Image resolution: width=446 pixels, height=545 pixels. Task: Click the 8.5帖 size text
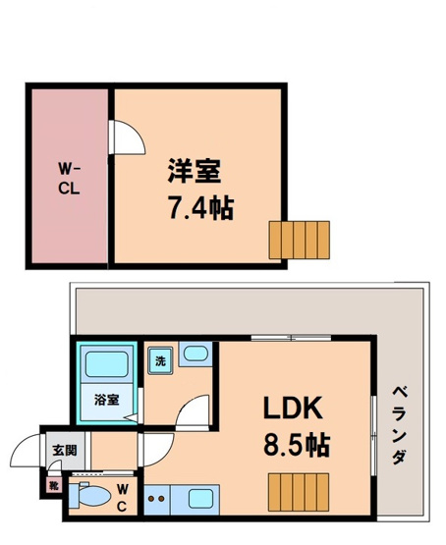click(x=296, y=444)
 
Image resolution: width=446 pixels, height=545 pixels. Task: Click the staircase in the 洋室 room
click(x=300, y=239)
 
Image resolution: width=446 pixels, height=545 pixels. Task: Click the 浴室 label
click(x=106, y=400)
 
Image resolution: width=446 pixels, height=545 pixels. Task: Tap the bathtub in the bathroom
click(x=107, y=366)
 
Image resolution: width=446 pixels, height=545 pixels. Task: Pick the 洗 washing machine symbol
click(x=161, y=359)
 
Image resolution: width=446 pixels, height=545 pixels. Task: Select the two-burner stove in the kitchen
click(x=157, y=500)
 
